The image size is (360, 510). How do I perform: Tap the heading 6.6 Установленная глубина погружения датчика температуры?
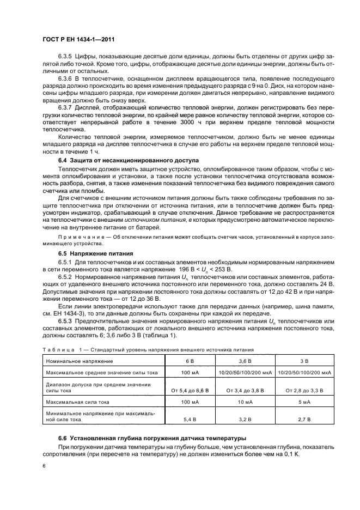[x=152, y=439]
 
